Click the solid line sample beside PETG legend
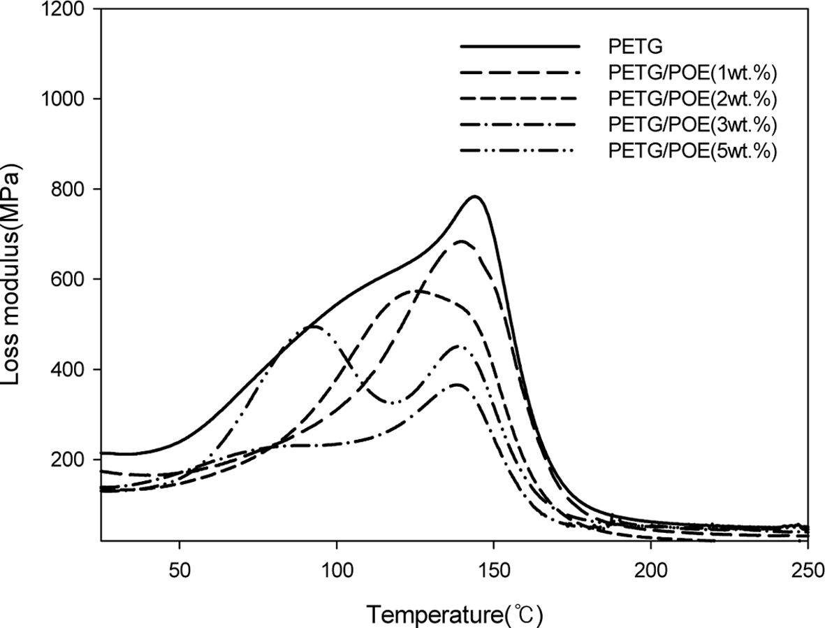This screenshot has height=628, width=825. click(x=520, y=46)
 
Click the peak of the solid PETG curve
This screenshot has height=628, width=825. click(x=476, y=197)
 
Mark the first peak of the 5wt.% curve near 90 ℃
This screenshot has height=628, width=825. click(x=312, y=326)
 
